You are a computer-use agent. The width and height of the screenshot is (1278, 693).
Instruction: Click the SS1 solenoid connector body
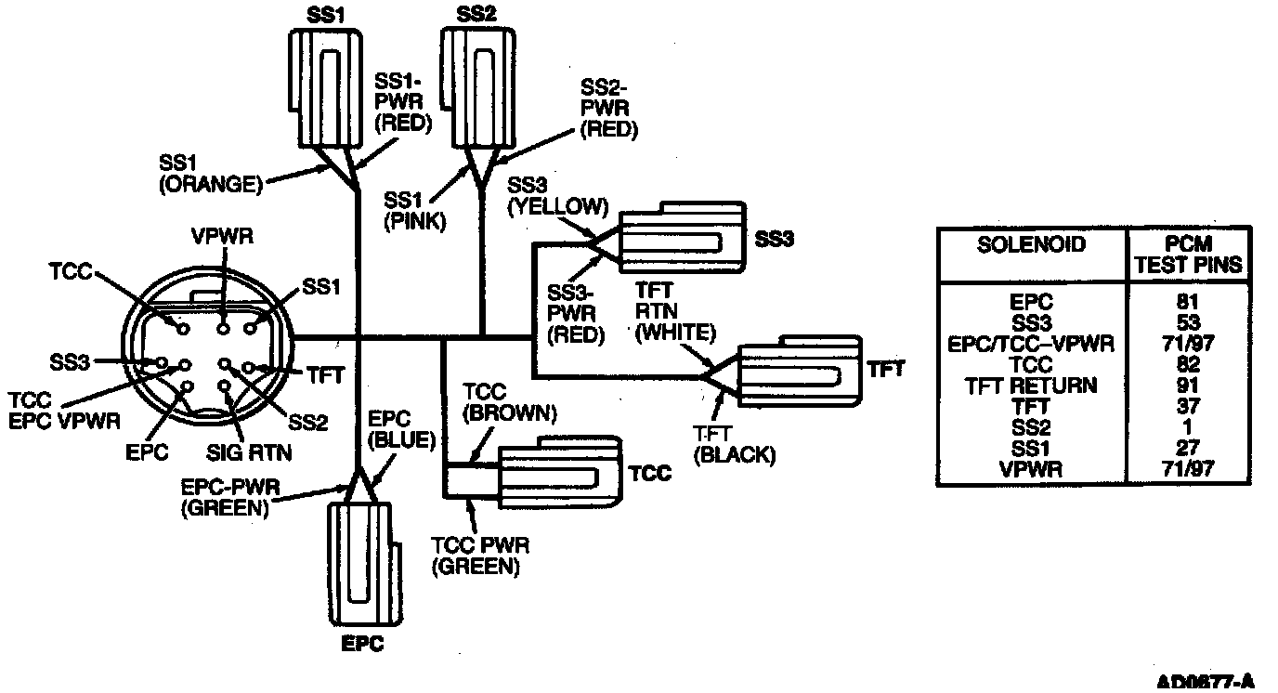click(x=325, y=88)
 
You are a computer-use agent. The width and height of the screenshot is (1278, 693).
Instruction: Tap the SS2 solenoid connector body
click(x=478, y=88)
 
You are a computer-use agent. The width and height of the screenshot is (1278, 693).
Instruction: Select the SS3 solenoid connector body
click(x=683, y=238)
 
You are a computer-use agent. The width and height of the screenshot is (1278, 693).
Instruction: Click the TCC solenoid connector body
click(x=560, y=472)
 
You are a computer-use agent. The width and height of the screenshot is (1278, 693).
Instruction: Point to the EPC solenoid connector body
click(x=364, y=565)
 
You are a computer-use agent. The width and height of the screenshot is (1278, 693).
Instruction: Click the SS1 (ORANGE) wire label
click(x=211, y=174)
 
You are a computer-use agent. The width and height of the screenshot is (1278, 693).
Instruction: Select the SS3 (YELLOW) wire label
click(x=558, y=196)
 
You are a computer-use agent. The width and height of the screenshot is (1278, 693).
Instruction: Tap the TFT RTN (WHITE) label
click(x=675, y=312)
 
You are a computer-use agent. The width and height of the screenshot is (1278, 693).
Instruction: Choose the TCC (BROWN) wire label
click(x=510, y=402)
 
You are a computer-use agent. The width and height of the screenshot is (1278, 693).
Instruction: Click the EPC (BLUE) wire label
click(x=401, y=430)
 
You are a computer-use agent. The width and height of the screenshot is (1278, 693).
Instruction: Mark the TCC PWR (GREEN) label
click(x=480, y=556)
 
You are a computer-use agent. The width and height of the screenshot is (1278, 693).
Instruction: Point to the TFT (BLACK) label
click(x=735, y=445)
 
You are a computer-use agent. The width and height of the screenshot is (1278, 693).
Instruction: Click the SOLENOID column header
click(x=1031, y=244)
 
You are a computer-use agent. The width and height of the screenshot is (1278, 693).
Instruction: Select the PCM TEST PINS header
click(x=1188, y=255)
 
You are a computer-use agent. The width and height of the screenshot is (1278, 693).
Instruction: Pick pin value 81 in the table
click(x=1188, y=301)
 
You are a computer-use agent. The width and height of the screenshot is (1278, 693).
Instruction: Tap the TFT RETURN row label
click(x=1031, y=386)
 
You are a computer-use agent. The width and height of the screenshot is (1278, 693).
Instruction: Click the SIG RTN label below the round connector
click(x=249, y=452)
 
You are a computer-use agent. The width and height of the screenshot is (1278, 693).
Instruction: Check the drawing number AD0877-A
click(x=1205, y=681)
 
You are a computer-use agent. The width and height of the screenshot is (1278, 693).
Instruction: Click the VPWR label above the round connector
click(x=222, y=236)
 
